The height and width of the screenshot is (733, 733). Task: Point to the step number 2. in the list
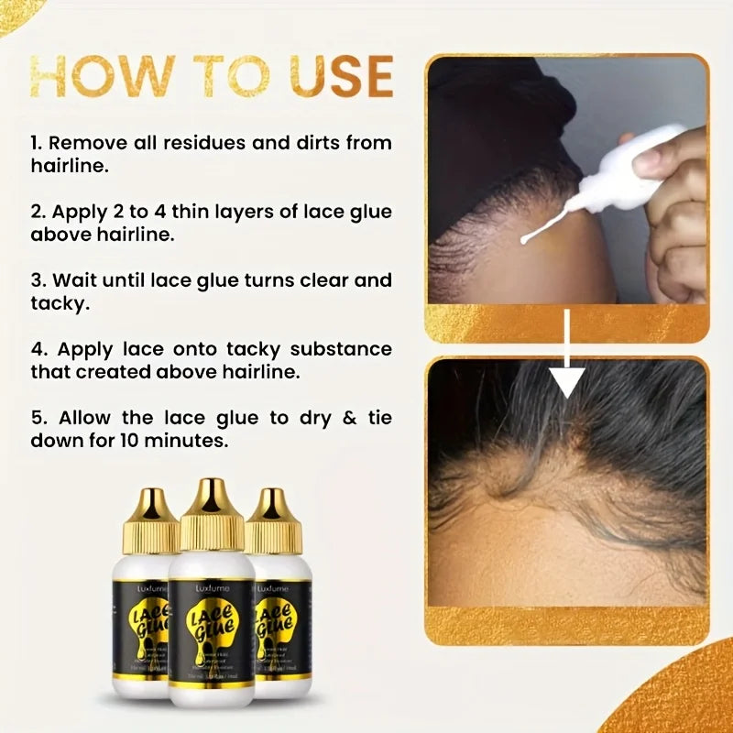coord(38,212)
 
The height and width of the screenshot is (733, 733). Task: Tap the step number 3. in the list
coord(38,280)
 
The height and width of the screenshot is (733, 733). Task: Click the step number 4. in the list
coord(38,349)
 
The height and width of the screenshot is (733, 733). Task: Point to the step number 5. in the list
coord(38,418)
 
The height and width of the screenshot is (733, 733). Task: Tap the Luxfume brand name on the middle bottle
coord(212,588)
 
